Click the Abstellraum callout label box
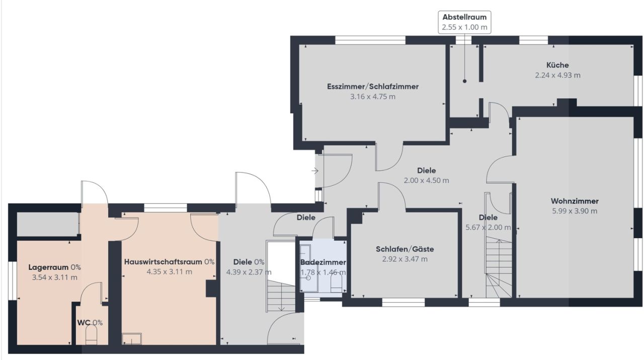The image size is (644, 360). (x=464, y=23)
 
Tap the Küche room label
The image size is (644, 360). (x=557, y=65)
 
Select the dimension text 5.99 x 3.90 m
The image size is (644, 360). (x=574, y=211)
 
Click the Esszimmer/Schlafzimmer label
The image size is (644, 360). (x=372, y=86)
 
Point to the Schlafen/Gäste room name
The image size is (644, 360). (x=405, y=249)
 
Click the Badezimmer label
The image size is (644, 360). (x=323, y=262)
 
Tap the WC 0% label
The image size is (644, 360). (x=90, y=323)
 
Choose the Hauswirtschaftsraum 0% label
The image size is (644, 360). (x=169, y=261)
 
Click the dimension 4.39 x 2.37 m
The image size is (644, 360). (x=249, y=272)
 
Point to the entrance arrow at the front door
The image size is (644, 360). (x=315, y=171)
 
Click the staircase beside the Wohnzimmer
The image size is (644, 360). (x=498, y=269)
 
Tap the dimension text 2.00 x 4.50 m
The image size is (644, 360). (x=426, y=180)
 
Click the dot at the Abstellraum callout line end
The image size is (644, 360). (x=464, y=81)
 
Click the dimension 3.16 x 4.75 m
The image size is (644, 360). (x=372, y=96)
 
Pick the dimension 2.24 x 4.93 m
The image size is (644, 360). (x=557, y=75)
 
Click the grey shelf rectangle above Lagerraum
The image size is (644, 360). (x=47, y=225)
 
